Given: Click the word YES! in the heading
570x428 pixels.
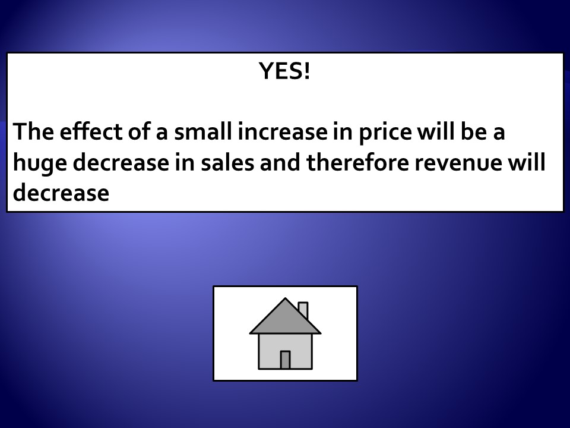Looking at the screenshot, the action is [x=284, y=71].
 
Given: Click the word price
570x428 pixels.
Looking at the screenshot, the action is [x=385, y=133].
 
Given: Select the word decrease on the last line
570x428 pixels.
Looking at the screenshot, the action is [x=61, y=192].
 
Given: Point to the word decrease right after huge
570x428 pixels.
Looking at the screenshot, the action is [x=121, y=162].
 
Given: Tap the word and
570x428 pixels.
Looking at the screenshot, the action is [x=280, y=162].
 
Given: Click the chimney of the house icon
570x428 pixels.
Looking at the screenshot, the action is [x=303, y=310].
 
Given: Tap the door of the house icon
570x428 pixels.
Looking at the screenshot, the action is [x=286, y=360].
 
